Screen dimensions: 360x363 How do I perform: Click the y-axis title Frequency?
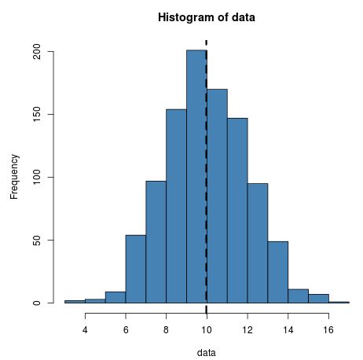coord(14,177)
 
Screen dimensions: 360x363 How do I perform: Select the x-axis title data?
coord(206,352)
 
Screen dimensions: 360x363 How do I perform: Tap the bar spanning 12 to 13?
coord(257,244)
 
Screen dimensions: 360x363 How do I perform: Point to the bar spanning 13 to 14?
coord(277,272)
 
